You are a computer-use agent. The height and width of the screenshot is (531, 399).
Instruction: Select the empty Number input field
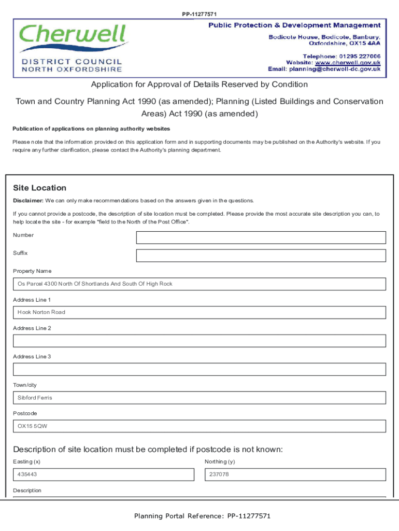[x=261, y=237]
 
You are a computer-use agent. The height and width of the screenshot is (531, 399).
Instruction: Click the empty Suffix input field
[x=261, y=256]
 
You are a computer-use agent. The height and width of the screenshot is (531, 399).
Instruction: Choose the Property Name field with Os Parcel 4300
[x=199, y=284]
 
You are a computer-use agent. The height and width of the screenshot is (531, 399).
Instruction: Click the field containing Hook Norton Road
[x=199, y=313]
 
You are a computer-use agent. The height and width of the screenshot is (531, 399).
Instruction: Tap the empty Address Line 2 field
[x=199, y=341]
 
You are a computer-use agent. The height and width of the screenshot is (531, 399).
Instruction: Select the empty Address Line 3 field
[x=199, y=369]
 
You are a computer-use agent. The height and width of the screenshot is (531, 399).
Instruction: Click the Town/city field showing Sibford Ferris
[x=199, y=398]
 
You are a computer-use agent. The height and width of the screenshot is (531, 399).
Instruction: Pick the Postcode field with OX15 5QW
[x=199, y=426]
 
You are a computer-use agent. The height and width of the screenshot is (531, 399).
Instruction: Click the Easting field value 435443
[x=104, y=474]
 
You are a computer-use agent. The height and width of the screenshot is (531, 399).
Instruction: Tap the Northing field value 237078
[x=295, y=474]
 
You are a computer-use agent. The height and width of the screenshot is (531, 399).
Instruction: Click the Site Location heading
[x=39, y=188]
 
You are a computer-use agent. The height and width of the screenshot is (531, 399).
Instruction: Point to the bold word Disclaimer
[x=28, y=201]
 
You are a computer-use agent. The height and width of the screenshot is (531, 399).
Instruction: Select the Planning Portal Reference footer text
[x=202, y=516]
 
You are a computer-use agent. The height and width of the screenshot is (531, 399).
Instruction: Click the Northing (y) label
[x=220, y=462]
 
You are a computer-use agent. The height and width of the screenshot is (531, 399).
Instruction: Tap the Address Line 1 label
[x=32, y=300]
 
